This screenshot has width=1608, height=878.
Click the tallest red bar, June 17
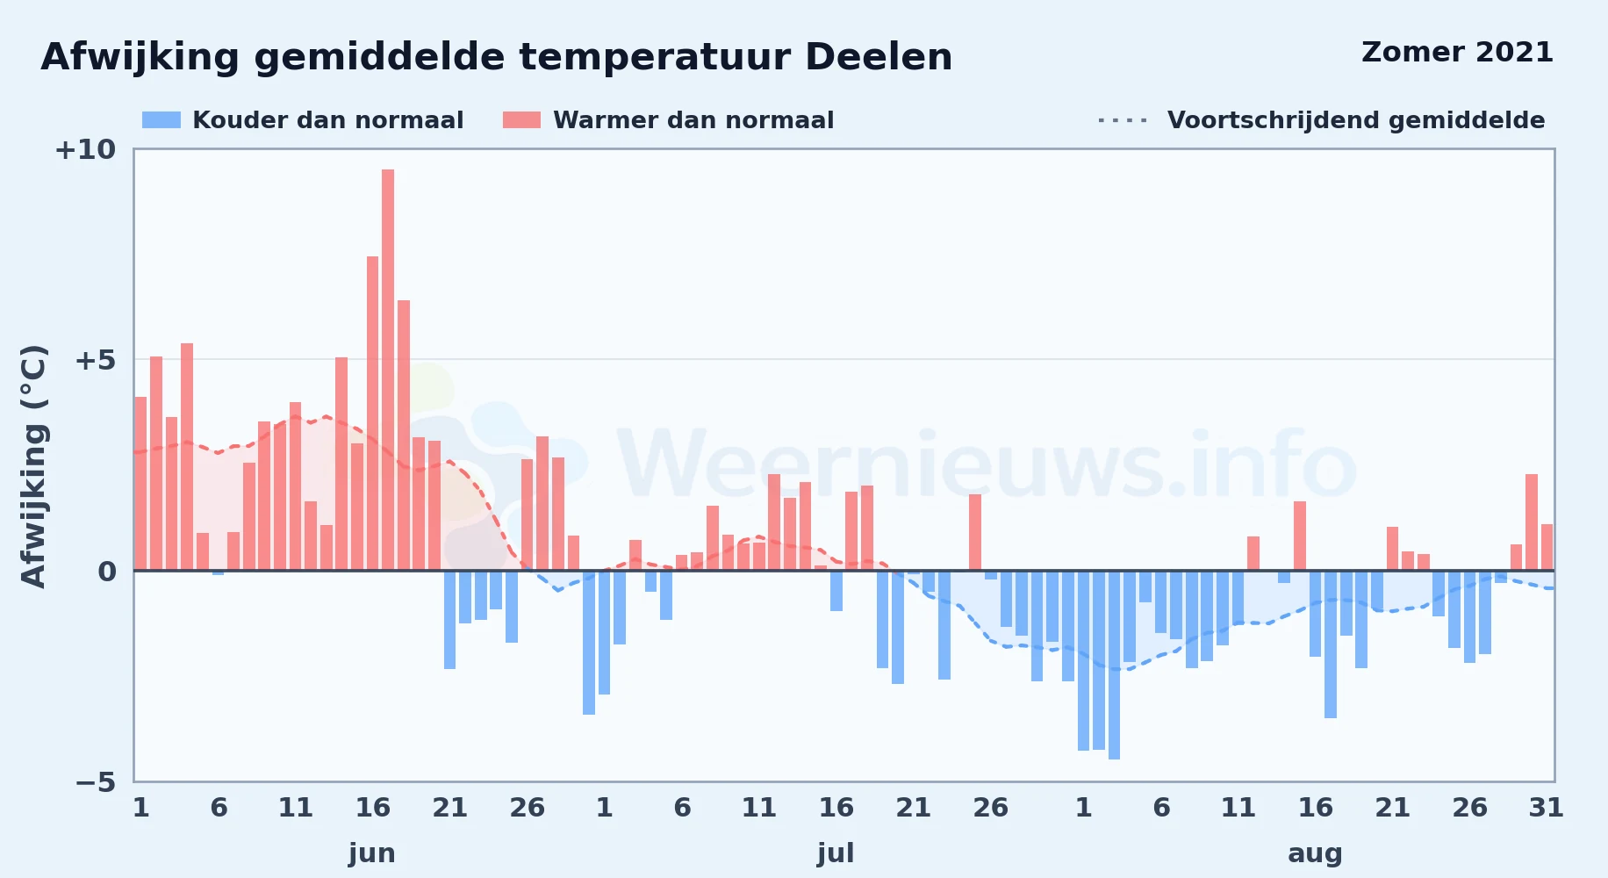388,370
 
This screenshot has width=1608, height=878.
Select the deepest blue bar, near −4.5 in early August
1114,665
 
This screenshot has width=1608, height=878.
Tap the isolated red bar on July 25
975,532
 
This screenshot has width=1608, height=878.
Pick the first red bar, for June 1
140,484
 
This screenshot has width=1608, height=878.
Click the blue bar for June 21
449,620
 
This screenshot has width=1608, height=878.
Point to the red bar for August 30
1532,522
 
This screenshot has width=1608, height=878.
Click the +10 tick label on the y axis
85,149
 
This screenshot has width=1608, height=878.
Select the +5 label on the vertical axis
95,360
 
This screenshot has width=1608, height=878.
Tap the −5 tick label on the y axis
95,781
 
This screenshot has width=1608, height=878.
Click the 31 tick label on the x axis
1547,807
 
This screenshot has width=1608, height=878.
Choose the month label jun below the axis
372,853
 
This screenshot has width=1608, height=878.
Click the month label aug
1315,853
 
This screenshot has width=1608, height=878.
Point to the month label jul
836,853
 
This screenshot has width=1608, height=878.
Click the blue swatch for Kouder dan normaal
162,120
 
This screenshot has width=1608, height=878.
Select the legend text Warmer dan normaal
693,120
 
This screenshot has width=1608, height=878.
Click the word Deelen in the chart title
879,57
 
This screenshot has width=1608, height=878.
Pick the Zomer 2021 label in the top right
1457,53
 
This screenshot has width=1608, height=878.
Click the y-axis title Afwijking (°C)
33,465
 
